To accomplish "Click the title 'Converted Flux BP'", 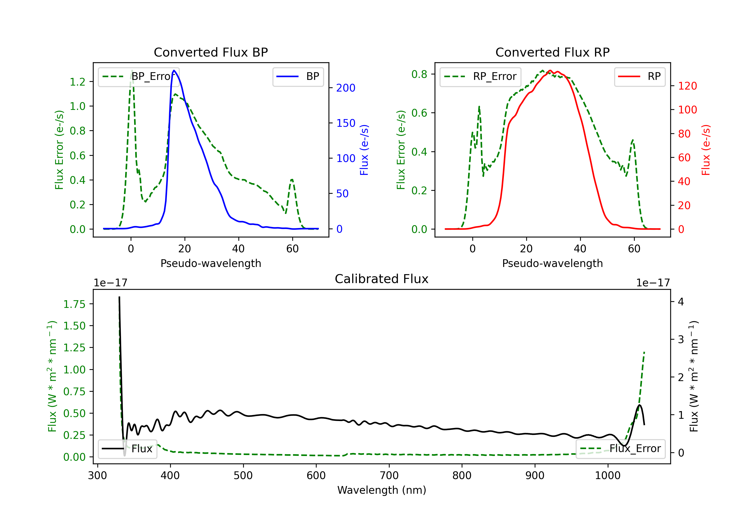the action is tap(211, 52).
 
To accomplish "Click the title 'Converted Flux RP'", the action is tap(552, 52).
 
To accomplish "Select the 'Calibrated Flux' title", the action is tap(382, 279).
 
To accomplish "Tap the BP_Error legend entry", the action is tap(139, 76).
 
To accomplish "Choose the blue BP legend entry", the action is tap(298, 76).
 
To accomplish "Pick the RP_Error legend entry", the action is tap(480, 76).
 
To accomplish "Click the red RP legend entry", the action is tap(639, 76).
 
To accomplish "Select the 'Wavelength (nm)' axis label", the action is tap(382, 490).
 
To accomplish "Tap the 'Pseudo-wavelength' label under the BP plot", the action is tap(211, 263).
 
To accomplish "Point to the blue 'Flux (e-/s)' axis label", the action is tap(364, 150).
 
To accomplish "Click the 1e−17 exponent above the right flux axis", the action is tap(653, 283).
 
